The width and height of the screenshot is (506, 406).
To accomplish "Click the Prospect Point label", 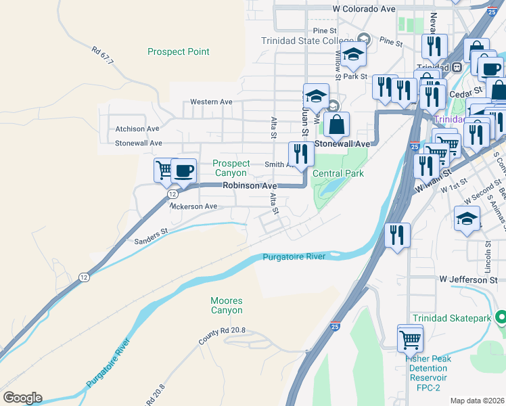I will (179, 51).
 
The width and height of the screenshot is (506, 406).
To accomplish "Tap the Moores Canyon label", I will (226, 305).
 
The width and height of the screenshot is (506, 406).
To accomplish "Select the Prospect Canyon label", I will (231, 168).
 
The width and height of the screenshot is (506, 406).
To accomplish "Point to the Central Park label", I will (338, 174).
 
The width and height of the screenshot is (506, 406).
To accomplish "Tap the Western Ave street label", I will (211, 101).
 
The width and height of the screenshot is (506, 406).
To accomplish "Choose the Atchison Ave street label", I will (137, 129).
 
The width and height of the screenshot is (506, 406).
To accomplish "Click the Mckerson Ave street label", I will (193, 206).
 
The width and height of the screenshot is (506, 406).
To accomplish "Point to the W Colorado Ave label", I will (364, 9).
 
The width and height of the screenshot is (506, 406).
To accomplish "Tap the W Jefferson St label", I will (467, 279).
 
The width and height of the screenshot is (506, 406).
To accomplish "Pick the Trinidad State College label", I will (308, 41).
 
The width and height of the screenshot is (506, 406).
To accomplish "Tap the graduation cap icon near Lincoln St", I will (467, 219).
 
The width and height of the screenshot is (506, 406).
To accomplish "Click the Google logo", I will (22, 397).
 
